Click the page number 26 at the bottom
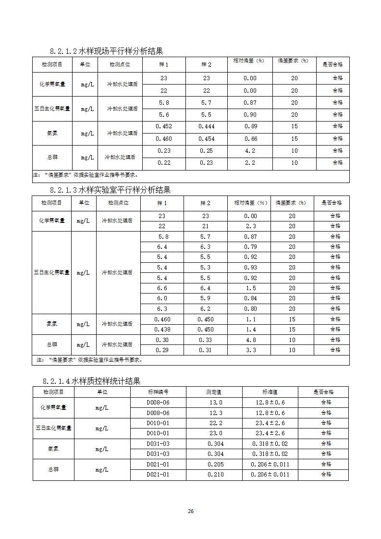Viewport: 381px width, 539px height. point(190,511)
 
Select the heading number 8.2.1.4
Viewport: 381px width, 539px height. point(56,381)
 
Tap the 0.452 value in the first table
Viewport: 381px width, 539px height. point(164,126)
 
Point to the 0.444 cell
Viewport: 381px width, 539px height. point(206,126)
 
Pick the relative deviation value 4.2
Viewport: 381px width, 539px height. point(250,151)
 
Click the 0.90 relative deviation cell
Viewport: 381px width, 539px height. point(250,115)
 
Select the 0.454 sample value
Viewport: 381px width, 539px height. point(206,139)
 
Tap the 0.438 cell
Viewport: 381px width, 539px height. point(162,330)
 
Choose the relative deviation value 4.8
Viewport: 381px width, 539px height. point(250,340)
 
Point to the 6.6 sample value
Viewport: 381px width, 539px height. point(162,288)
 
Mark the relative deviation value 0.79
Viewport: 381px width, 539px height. point(250,247)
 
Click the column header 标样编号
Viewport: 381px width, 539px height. point(158,392)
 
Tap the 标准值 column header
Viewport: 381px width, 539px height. point(270,392)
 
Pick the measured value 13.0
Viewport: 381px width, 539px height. point(216,403)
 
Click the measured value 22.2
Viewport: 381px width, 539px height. point(216,423)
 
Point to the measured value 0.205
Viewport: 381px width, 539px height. point(216,465)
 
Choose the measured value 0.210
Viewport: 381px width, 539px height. point(216,475)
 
